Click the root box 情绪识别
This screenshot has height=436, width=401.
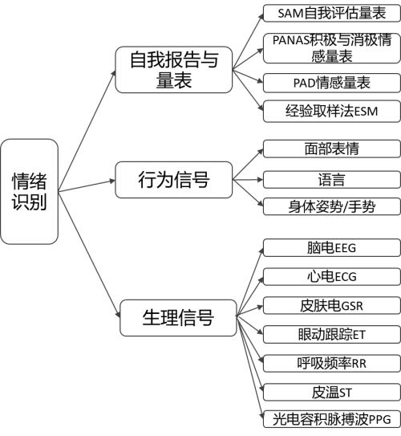pyautogui.click(x=29, y=191)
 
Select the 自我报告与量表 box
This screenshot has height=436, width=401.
pyautogui.click(x=172, y=70)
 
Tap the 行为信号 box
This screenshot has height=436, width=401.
pyautogui.click(x=173, y=180)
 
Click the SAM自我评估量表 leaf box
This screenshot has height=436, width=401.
pyautogui.click(x=330, y=14)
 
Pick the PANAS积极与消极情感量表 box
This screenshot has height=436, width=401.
pyautogui.click(x=330, y=48)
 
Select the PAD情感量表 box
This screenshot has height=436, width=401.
pyautogui.click(x=330, y=83)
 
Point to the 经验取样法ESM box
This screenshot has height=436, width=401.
pyautogui.click(x=330, y=111)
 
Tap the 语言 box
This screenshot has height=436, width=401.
pyautogui.click(x=330, y=178)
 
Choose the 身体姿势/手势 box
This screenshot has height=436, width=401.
pyautogui.click(x=330, y=206)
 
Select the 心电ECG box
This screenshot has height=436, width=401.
pyautogui.click(x=330, y=276)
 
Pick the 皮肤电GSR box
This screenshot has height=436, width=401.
pyautogui.click(x=330, y=305)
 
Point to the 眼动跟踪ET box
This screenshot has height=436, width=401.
pyautogui.click(x=330, y=334)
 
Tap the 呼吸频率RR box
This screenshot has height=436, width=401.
pyautogui.click(x=330, y=363)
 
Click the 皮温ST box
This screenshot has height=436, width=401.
pyautogui.click(x=330, y=392)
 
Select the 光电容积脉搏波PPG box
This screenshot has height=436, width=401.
pyautogui.click(x=330, y=418)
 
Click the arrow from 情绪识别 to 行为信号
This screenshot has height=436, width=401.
pyautogui.click(x=87, y=185)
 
